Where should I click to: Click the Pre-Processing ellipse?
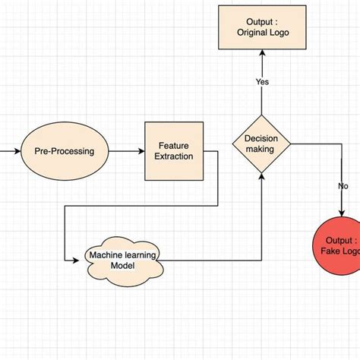pyautogui.click(x=65, y=150)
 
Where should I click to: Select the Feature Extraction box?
pyautogui.click(x=173, y=150)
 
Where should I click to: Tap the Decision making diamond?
pyautogui.click(x=261, y=144)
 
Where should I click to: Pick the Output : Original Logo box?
pyautogui.click(x=262, y=27)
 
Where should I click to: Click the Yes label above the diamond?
pyautogui.click(x=262, y=81)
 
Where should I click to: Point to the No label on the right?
pyautogui.click(x=343, y=186)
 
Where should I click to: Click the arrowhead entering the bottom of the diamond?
pyautogui.click(x=262, y=176)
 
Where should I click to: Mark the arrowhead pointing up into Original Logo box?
pyautogui.click(x=262, y=53)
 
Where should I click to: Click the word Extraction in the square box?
pyautogui.click(x=173, y=156)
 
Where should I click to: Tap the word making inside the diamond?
pyautogui.click(x=261, y=150)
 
